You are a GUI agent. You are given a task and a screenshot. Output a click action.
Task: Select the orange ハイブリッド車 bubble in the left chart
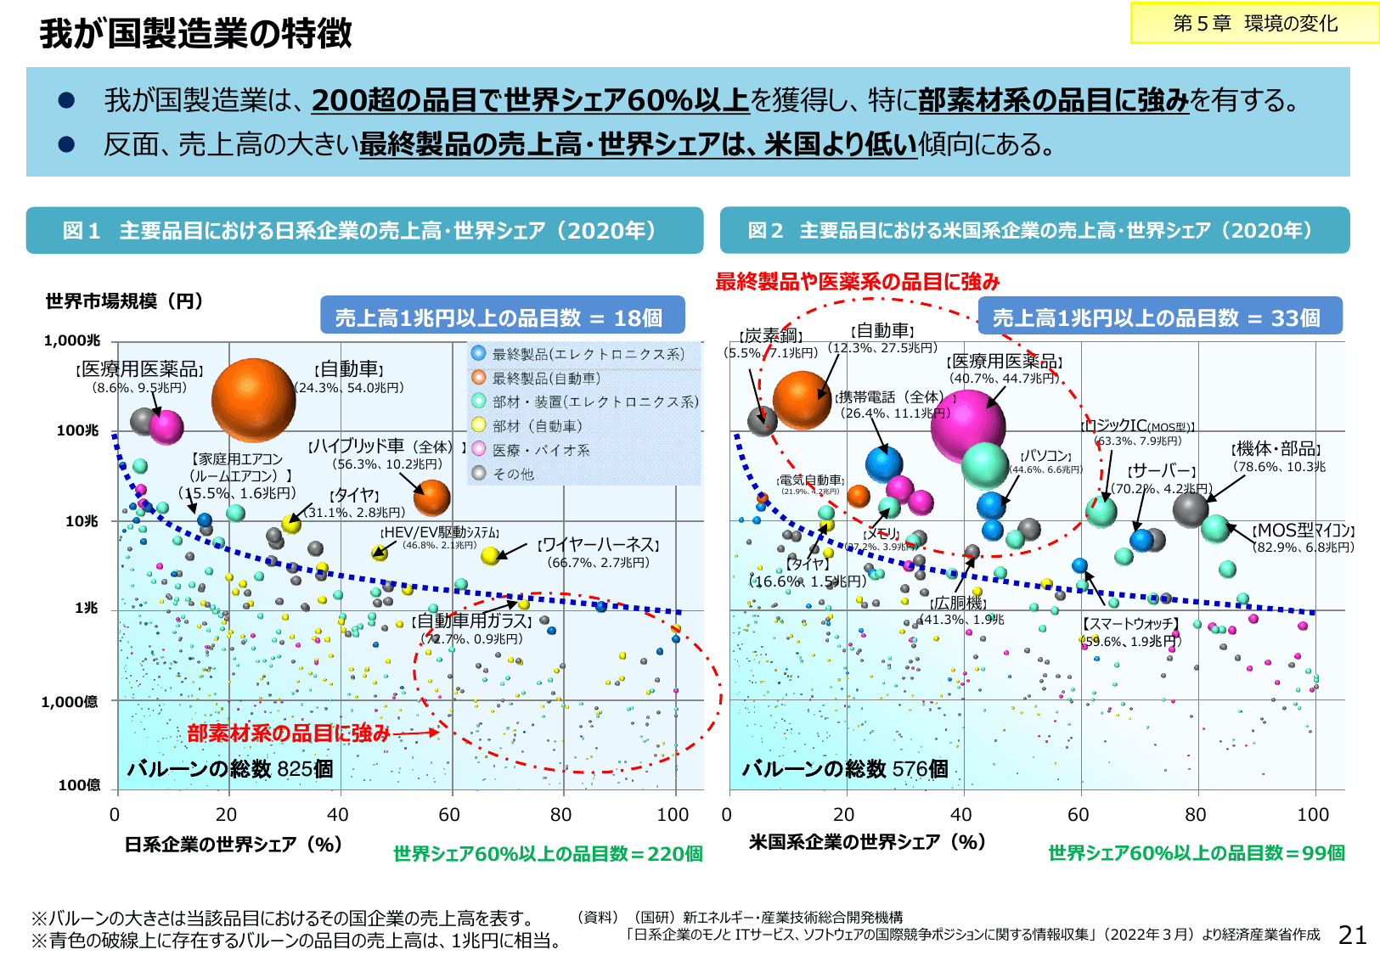(431, 497)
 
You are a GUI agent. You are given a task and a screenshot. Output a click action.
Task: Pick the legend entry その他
(513, 474)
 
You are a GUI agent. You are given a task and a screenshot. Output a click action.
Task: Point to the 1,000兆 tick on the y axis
(71, 340)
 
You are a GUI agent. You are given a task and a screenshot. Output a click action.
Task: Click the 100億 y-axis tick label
(78, 785)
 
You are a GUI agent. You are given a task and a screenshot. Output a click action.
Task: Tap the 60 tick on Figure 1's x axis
(449, 815)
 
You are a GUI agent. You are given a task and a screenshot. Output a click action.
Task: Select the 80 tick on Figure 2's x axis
(1196, 815)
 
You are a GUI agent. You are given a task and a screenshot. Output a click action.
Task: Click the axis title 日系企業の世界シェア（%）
(233, 845)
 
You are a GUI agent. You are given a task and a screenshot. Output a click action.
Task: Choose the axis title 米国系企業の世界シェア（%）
(866, 842)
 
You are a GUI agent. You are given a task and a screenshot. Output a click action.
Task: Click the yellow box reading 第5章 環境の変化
(1254, 24)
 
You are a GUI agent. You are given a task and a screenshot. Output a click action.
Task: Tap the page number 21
(1352, 935)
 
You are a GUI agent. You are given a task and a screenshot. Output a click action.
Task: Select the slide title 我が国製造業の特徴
(195, 34)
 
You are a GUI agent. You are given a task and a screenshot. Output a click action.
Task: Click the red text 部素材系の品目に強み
(289, 733)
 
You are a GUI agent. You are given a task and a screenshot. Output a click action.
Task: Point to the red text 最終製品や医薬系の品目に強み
(857, 281)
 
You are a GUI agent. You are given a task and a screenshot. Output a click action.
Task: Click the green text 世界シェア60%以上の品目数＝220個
(548, 854)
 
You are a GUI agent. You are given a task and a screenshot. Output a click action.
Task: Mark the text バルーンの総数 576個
(845, 769)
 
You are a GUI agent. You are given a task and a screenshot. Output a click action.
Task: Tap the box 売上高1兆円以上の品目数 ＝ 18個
(502, 317)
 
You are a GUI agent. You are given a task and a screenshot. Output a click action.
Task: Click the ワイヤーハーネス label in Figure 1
(598, 545)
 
